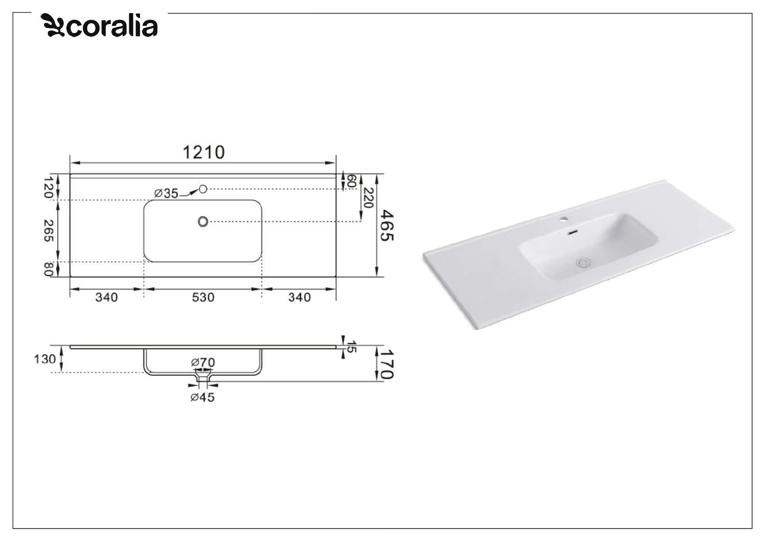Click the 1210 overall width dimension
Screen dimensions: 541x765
(x=203, y=153)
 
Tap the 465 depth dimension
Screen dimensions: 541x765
(x=387, y=225)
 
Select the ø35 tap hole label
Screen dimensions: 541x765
(x=166, y=193)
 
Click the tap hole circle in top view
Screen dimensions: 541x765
(x=202, y=189)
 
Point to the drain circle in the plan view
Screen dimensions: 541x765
(x=202, y=221)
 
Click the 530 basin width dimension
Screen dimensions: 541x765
(x=203, y=297)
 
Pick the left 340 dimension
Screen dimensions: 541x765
(x=106, y=297)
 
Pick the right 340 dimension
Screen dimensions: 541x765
(x=299, y=297)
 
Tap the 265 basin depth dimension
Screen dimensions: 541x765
(x=48, y=231)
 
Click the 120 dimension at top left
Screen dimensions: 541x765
(x=48, y=187)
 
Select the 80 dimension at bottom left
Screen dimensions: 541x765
(x=48, y=269)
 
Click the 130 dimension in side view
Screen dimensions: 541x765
(x=45, y=359)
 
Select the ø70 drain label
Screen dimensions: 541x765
(x=203, y=362)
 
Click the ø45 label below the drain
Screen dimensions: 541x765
(x=202, y=397)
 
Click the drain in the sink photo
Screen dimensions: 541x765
(x=583, y=262)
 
